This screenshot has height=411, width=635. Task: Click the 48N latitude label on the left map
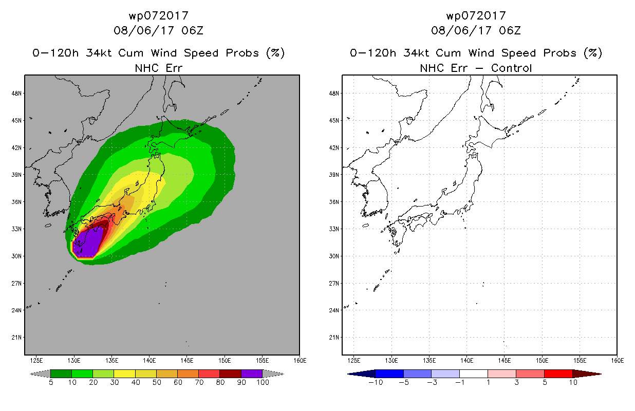point(16,94)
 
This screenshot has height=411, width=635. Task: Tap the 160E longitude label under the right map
point(618,361)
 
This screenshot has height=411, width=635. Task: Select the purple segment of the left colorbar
point(252,373)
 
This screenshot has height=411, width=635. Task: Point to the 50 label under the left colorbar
point(157,382)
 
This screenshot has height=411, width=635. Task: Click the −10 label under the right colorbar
point(376,382)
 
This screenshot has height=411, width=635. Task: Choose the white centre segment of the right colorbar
point(473,373)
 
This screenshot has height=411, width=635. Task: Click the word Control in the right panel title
point(511,68)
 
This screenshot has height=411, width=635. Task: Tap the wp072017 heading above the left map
point(159,15)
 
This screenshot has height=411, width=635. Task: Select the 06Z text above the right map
point(510,30)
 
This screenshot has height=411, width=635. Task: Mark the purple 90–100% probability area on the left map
point(88,242)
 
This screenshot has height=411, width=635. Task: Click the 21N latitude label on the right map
point(334,338)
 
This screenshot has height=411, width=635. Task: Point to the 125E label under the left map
point(36,361)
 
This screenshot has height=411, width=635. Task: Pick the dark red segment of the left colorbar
point(231,373)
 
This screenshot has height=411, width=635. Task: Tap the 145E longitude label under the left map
point(187,361)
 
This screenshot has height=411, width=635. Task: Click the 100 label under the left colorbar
point(263,382)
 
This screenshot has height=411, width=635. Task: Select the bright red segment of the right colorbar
point(558,373)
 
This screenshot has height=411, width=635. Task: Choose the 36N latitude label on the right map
point(334,202)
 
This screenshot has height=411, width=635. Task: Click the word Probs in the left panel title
point(242,53)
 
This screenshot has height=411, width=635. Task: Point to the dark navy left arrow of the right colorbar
point(361,373)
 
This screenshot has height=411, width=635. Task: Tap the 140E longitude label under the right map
point(466,361)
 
